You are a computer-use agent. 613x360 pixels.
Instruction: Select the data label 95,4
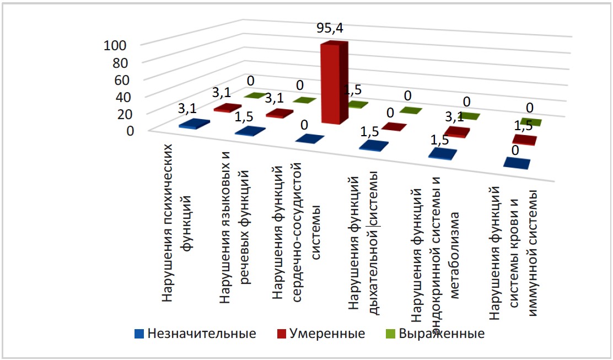tap(330, 29)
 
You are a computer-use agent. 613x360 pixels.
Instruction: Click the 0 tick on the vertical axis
tap(130, 131)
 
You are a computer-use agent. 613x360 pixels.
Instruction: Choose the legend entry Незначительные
tap(196, 334)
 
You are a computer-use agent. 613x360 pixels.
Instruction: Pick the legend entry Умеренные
tap(323, 334)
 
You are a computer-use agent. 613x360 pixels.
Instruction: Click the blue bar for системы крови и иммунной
tap(516, 163)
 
